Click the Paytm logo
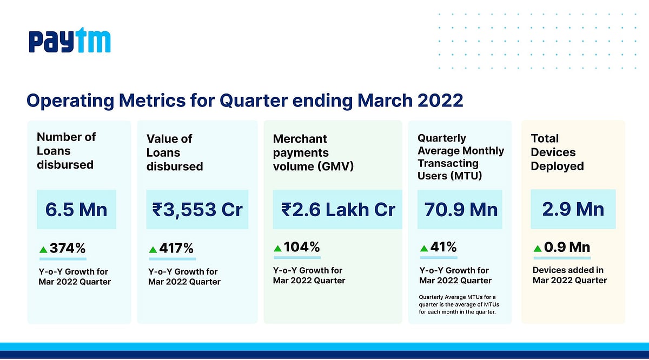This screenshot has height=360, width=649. (x=70, y=42)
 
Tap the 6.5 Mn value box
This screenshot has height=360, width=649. (x=76, y=209)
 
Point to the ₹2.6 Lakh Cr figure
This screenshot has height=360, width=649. (x=338, y=209)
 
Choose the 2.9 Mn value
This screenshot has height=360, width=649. (x=573, y=209)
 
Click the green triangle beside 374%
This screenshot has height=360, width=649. (x=43, y=249)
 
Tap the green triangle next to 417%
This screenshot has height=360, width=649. (x=153, y=249)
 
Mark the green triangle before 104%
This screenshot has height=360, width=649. (x=277, y=248)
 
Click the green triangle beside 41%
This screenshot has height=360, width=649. (x=425, y=248)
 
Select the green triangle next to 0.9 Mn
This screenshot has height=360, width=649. (x=538, y=248)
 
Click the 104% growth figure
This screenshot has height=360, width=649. (x=302, y=248)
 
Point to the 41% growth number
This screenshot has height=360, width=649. (x=444, y=248)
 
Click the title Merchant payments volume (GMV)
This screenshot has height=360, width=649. (x=313, y=152)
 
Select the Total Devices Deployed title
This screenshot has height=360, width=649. (x=557, y=152)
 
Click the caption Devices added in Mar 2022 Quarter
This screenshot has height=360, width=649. (x=569, y=275)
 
